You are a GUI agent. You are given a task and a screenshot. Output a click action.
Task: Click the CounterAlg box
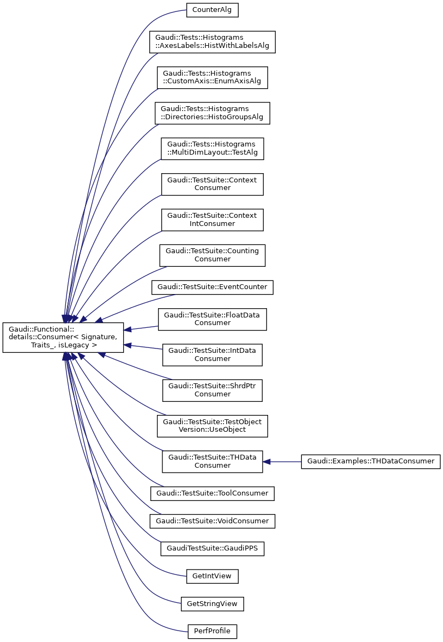[212, 10]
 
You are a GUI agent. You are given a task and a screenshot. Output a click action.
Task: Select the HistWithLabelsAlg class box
[212, 41]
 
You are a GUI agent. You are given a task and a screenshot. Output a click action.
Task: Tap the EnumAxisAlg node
[212, 77]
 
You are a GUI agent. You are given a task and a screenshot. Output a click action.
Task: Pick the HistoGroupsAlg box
[212, 113]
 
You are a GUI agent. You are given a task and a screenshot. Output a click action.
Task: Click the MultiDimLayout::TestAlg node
[212, 149]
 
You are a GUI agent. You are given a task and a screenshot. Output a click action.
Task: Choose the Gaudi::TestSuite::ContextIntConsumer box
[212, 219]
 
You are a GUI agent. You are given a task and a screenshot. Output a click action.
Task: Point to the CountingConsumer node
[212, 255]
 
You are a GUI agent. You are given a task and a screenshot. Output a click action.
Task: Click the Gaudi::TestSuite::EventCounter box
[212, 287]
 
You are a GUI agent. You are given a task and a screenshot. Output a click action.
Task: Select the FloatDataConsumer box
[212, 319]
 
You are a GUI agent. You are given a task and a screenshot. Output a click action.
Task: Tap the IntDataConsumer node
[212, 354]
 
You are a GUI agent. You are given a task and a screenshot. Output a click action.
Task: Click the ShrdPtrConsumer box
[212, 390]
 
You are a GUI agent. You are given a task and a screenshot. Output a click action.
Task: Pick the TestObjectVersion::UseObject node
[212, 426]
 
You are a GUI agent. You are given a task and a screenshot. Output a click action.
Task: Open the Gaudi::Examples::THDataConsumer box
[371, 461]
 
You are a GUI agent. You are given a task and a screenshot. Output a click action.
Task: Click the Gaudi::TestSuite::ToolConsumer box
[212, 493]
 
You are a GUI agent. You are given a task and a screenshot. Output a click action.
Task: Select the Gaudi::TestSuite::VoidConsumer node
[212, 521]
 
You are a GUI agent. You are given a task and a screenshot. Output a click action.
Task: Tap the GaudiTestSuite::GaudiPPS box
[212, 549]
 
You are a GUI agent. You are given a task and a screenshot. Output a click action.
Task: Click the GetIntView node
[212, 576]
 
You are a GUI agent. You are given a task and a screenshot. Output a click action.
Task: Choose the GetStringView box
[212, 604]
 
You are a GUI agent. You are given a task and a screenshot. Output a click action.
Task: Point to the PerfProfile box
[212, 632]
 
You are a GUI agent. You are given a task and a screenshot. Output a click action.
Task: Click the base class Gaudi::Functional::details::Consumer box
[63, 337]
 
